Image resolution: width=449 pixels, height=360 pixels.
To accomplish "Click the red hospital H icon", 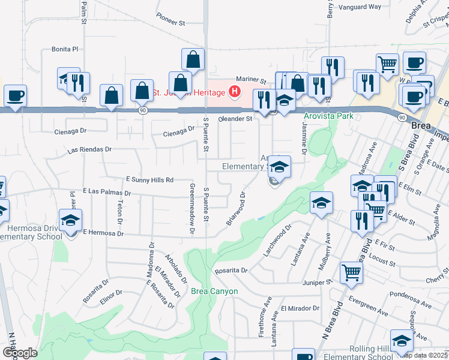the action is (x=235, y=92).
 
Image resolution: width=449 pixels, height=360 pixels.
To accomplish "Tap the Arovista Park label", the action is (x=328, y=116).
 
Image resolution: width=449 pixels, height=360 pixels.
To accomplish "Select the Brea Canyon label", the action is (x=214, y=292).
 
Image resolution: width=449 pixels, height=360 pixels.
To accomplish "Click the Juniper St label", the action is (x=321, y=281).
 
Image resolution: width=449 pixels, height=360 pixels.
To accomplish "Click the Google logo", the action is (x=20, y=352).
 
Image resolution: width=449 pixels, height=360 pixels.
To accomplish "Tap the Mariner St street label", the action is (x=250, y=79).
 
